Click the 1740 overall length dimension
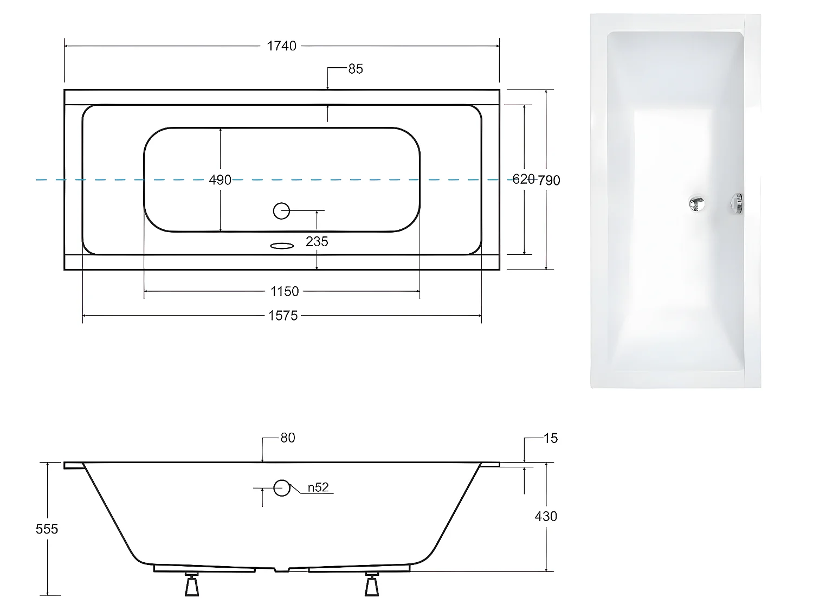click(281, 46)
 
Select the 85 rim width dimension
click(356, 69)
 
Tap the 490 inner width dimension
click(220, 180)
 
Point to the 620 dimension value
click(523, 179)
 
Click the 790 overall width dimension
click(550, 180)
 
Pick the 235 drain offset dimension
click(317, 241)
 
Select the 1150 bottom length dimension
click(285, 292)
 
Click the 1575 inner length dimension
click(283, 316)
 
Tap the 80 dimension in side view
click(288, 438)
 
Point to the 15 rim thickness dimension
click(550, 438)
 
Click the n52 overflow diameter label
click(318, 487)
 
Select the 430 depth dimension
click(546, 516)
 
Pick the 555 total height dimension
click(47, 529)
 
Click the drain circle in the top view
click(281, 210)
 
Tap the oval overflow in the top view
click(281, 246)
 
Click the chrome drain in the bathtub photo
click(696, 203)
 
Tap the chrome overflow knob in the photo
click(737, 203)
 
